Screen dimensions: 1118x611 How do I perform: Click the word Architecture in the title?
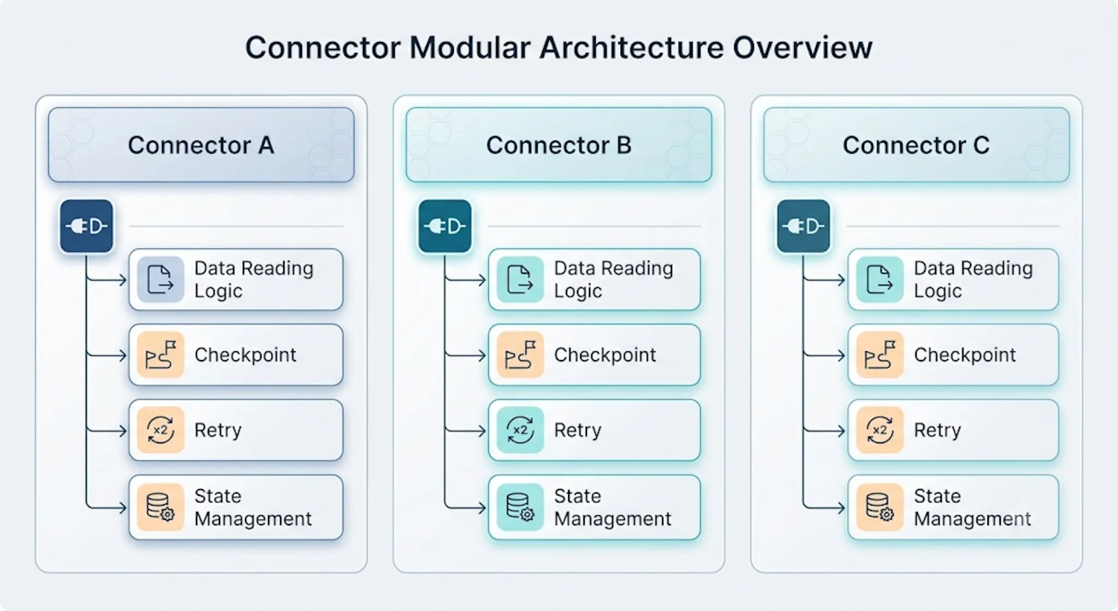tap(631, 48)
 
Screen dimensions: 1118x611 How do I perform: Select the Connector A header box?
tap(201, 145)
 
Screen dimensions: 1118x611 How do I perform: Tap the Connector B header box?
tap(558, 145)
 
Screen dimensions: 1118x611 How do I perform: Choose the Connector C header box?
tap(916, 145)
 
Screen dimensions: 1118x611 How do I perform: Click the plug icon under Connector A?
tap(86, 226)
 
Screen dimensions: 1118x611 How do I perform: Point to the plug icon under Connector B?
tap(445, 226)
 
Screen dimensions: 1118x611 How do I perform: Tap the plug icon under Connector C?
tap(804, 226)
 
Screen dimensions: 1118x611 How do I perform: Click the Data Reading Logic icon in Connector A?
tap(160, 280)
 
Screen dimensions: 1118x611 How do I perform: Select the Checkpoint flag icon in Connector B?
tap(520, 355)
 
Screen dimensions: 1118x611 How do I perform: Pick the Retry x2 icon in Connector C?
tap(880, 431)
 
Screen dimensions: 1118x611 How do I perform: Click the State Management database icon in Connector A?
tap(160, 507)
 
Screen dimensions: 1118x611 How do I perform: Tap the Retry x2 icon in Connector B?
tap(520, 431)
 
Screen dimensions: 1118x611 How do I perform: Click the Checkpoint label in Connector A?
tap(245, 355)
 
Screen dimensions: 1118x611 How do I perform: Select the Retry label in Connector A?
tap(218, 431)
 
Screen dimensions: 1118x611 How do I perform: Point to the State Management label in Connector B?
tap(612, 507)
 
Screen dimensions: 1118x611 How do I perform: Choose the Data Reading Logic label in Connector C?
tap(973, 279)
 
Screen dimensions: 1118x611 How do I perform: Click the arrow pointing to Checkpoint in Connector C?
tap(824, 356)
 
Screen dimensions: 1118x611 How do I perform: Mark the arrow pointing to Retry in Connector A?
tap(106, 431)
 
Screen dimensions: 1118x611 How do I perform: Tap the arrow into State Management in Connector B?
tap(465, 508)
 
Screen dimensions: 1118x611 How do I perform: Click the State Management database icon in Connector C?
tap(880, 507)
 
